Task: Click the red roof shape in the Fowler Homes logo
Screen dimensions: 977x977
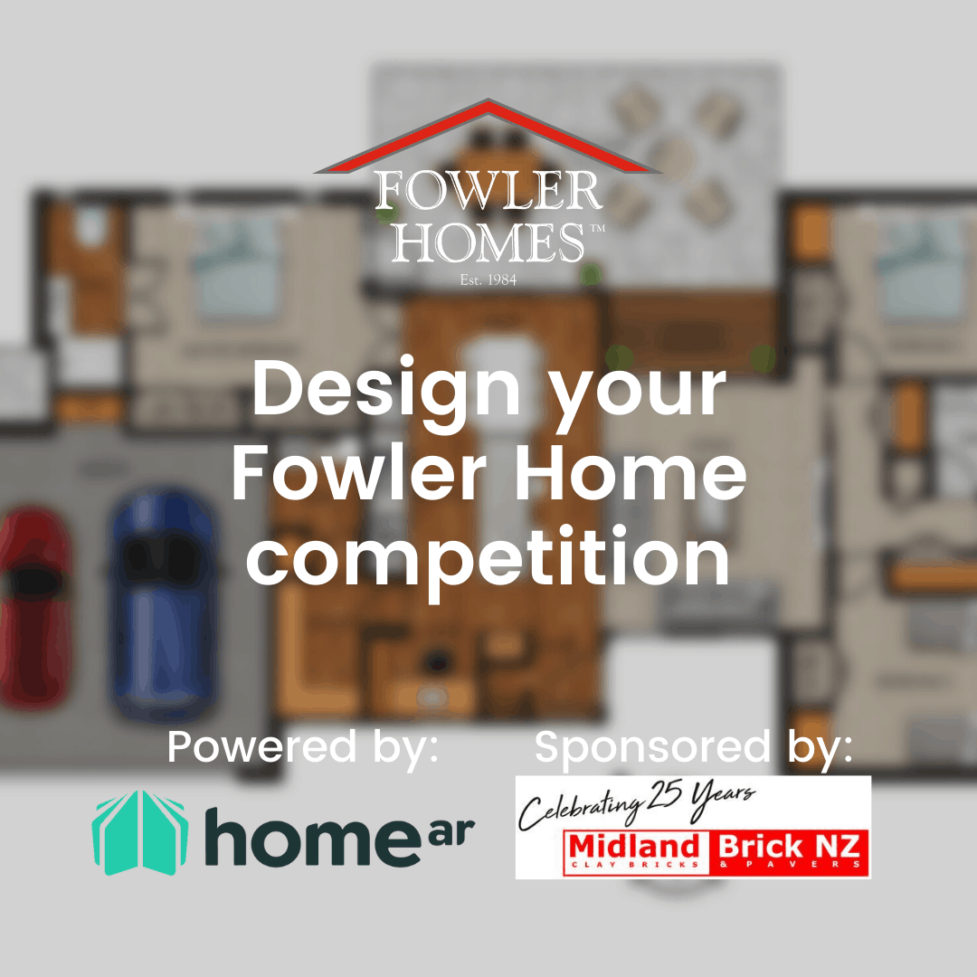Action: point(488,136)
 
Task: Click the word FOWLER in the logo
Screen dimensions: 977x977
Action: point(488,192)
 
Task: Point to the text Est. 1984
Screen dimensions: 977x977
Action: point(488,280)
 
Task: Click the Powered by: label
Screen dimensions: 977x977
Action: point(303,747)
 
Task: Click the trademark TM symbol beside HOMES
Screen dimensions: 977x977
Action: point(597,231)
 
